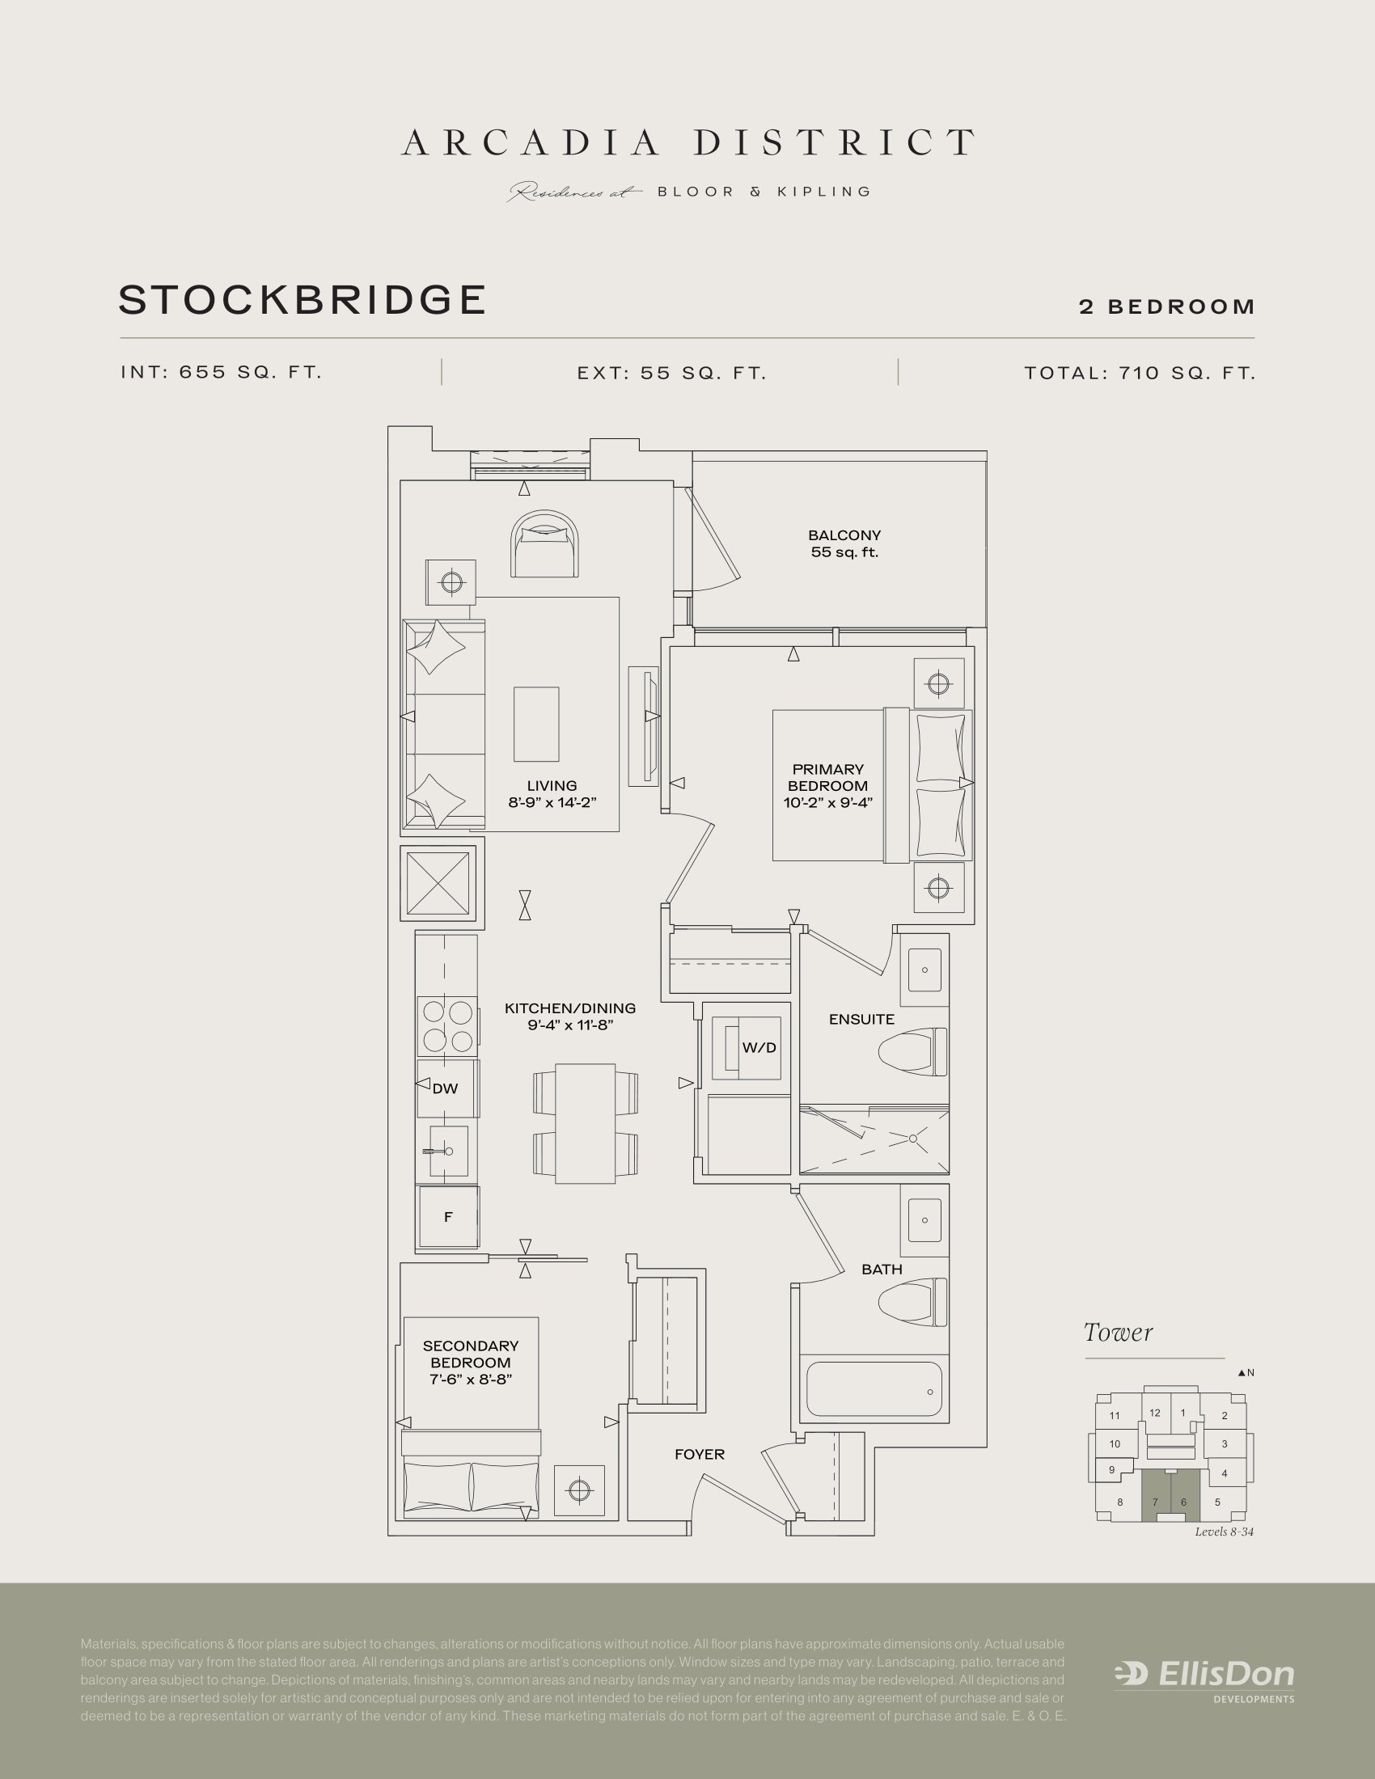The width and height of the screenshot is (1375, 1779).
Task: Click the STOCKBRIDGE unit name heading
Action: [x=302, y=300]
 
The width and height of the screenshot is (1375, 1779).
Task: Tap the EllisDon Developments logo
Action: [x=1204, y=1677]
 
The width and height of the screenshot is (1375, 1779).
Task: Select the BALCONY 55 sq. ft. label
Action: [x=844, y=543]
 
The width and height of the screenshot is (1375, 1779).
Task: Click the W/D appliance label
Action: [x=759, y=1047]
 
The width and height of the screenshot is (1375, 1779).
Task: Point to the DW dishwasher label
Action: [x=446, y=1088]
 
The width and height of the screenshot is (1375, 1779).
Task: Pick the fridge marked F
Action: [x=448, y=1217]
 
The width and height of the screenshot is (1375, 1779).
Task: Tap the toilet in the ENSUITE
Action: [x=912, y=1051]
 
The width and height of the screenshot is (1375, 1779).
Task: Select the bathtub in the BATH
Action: [x=874, y=1389]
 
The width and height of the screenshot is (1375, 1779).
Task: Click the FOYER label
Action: [x=699, y=1454]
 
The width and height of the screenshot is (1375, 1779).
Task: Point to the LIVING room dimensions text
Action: [x=552, y=802]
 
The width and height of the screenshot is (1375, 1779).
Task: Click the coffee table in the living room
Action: [x=536, y=725]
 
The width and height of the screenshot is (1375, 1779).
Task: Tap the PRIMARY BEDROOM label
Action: [x=827, y=777]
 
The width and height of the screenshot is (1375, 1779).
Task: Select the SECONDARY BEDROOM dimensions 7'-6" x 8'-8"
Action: [x=471, y=1379]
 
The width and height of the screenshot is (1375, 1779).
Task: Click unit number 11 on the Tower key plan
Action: [x=1115, y=1416]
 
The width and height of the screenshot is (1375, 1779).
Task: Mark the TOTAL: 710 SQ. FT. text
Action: [x=1140, y=373]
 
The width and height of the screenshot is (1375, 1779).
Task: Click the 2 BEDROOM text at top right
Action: [x=1166, y=307]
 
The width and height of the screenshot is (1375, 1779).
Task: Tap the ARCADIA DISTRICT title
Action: [x=687, y=142]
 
